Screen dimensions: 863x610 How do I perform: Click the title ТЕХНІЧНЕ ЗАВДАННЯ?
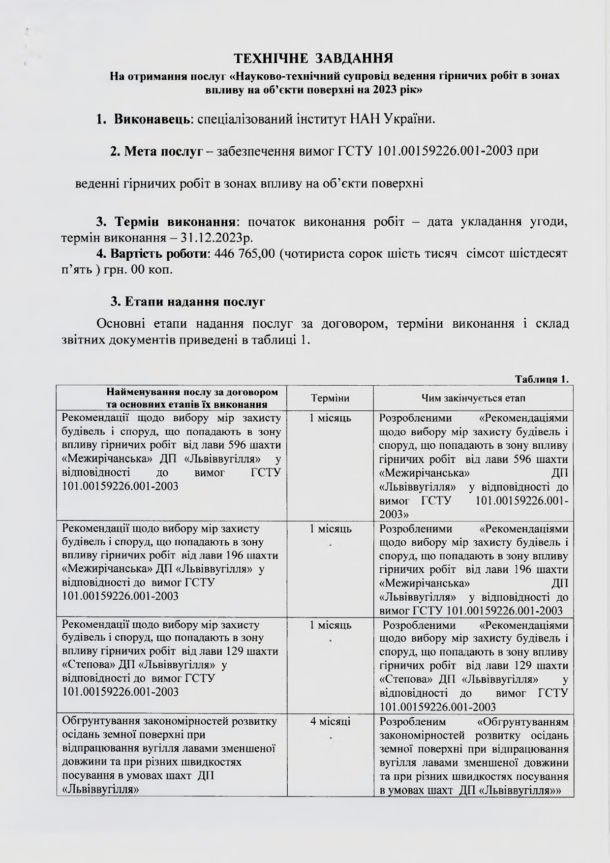[x=313, y=58]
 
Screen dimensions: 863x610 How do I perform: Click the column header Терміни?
[x=331, y=398]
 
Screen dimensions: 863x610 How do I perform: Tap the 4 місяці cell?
[x=331, y=722]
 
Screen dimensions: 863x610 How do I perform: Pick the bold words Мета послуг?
[x=156, y=151]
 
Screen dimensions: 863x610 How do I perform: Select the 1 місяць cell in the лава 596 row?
[x=331, y=418]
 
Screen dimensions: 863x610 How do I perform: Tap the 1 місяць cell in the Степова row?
[x=331, y=625]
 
